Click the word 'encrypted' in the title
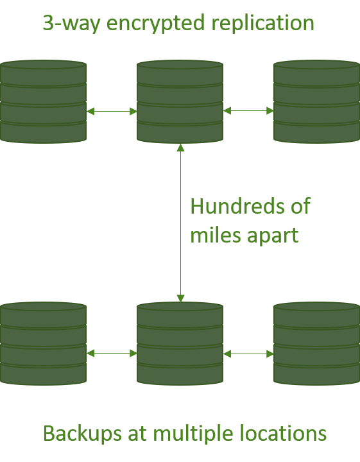[155, 24]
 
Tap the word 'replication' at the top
[263, 24]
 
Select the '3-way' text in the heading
[72, 24]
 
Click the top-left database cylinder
[43, 101]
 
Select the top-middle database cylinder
[180, 101]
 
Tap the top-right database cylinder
[317, 101]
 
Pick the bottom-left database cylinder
[43, 343]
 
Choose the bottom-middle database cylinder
[180, 343]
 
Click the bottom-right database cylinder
[317, 343]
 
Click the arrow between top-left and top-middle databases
[112, 112]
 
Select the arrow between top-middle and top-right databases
[248, 111]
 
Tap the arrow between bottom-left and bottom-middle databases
[112, 354]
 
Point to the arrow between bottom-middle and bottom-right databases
[248, 354]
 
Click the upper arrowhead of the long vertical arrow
[180, 148]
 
